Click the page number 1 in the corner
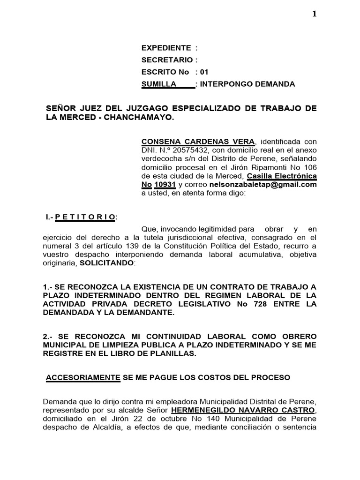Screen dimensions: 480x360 point(315,14)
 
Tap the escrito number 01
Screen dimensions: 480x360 point(204,72)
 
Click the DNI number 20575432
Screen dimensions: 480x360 point(179,150)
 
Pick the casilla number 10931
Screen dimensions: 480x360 point(165,185)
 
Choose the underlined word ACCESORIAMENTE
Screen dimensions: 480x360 point(83,377)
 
